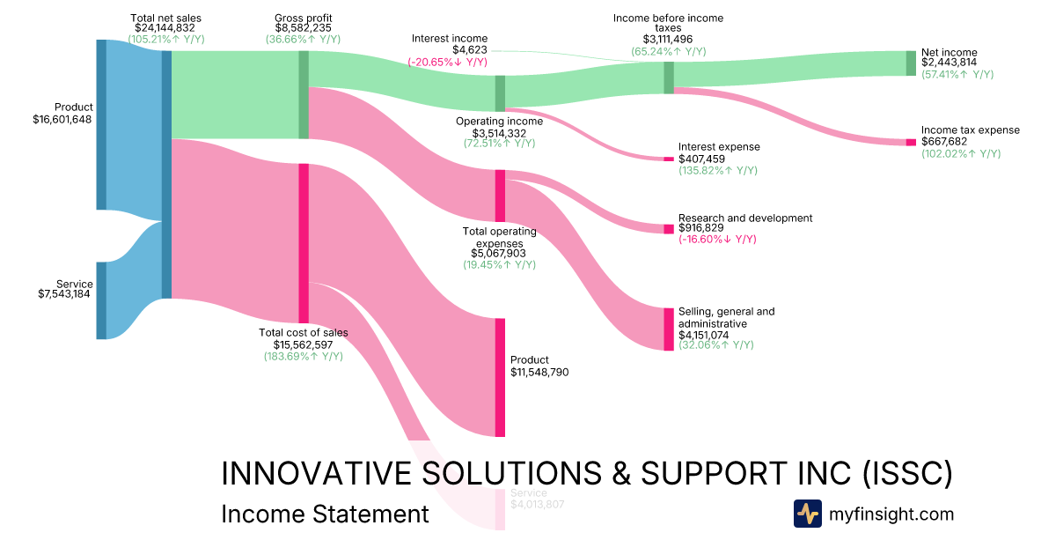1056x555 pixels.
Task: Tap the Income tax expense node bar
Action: pos(911,143)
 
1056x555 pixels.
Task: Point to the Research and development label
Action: pos(745,218)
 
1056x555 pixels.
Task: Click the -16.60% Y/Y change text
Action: pos(717,239)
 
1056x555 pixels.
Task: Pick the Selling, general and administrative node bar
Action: pos(669,329)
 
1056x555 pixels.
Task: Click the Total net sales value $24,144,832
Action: pos(165,28)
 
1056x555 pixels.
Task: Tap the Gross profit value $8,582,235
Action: pos(304,28)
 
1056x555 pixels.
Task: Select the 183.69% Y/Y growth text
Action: pos(304,356)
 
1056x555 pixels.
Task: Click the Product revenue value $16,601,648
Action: pos(62,119)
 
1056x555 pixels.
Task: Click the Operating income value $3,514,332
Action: pos(499,132)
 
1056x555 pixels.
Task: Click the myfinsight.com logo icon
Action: pos(807,514)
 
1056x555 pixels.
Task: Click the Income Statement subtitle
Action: pos(325,514)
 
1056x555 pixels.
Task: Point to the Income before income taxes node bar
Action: pos(669,78)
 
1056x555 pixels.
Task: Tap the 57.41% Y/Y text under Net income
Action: pos(957,75)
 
